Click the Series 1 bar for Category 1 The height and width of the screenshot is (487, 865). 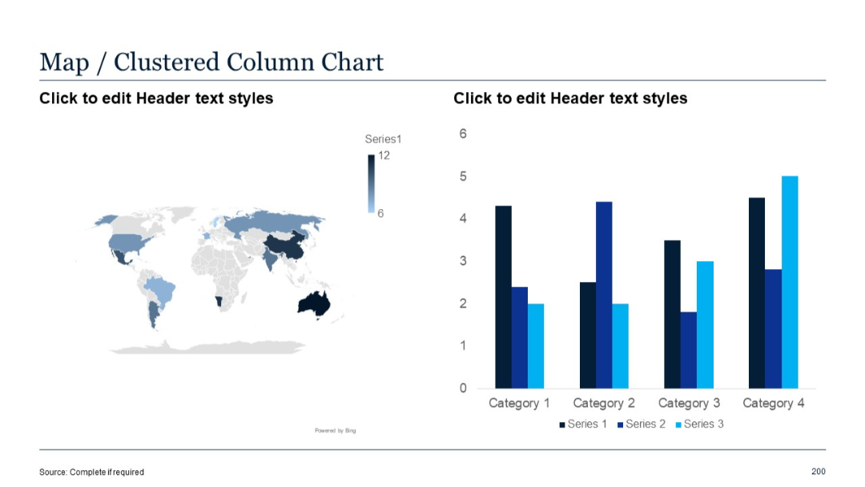503,296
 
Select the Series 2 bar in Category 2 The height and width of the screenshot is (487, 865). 604,295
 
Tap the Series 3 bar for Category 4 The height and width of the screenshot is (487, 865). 790,282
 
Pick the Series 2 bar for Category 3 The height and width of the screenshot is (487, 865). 688,350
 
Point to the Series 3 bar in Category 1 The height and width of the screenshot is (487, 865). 536,346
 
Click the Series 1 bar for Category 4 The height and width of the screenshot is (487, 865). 757,292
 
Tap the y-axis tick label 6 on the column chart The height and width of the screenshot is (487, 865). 463,134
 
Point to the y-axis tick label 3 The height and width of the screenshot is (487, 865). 463,261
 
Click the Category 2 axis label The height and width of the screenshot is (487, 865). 604,403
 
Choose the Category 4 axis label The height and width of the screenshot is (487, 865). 774,403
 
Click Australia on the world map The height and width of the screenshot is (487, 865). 313,303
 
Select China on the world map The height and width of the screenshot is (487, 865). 285,246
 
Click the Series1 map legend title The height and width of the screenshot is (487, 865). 383,139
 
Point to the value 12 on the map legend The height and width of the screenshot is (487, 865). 384,155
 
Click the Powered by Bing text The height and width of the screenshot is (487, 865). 335,431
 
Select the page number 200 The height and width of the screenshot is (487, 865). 818,471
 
